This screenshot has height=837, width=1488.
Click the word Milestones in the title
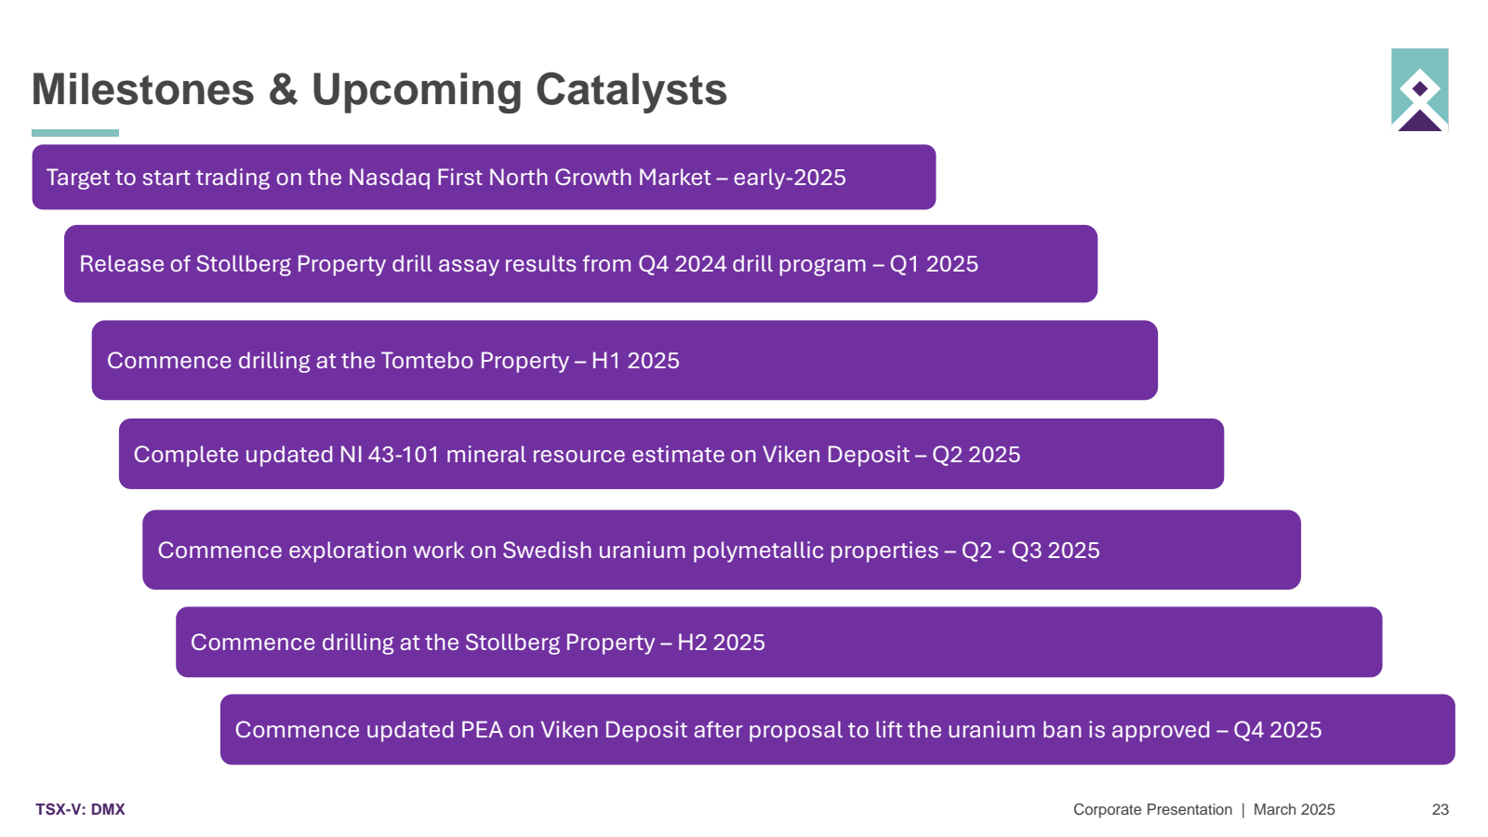[x=143, y=89]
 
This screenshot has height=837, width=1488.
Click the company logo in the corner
[x=1419, y=89]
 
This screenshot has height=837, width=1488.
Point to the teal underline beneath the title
[x=75, y=133]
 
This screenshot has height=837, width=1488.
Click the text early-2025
[x=790, y=178]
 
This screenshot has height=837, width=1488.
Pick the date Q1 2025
[x=934, y=264]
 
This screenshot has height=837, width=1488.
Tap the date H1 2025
[x=635, y=361]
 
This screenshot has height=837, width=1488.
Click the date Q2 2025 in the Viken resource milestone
[x=976, y=455]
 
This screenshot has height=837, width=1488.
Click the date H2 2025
[x=721, y=643]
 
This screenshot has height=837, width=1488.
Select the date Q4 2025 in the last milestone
[x=1278, y=729]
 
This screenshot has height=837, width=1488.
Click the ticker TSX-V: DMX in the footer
[x=80, y=810]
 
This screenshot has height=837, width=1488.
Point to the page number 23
[x=1441, y=810]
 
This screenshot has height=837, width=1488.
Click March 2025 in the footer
[x=1294, y=810]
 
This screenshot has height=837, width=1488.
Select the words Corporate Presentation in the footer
[x=1152, y=810]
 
